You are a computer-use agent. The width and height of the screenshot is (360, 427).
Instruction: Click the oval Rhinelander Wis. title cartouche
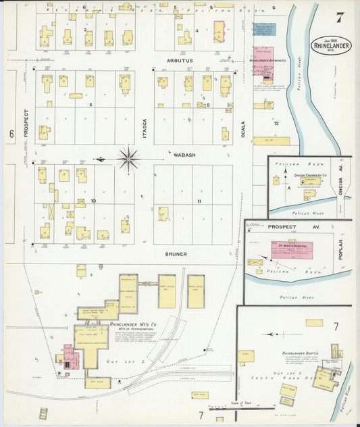pyautogui.click(x=332, y=46)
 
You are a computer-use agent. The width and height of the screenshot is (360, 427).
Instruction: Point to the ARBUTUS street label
pyautogui.click(x=179, y=60)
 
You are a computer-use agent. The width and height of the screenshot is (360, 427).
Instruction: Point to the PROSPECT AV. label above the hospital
pyautogui.click(x=282, y=227)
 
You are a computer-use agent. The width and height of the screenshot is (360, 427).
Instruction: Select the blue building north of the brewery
pyautogui.click(x=264, y=30)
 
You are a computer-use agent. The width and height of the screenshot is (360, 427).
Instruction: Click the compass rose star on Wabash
pyautogui.click(x=127, y=160)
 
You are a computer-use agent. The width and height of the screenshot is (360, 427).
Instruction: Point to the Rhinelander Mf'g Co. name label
pyautogui.click(x=130, y=324)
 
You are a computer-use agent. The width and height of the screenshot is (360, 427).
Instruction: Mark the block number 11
pyautogui.click(x=199, y=201)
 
